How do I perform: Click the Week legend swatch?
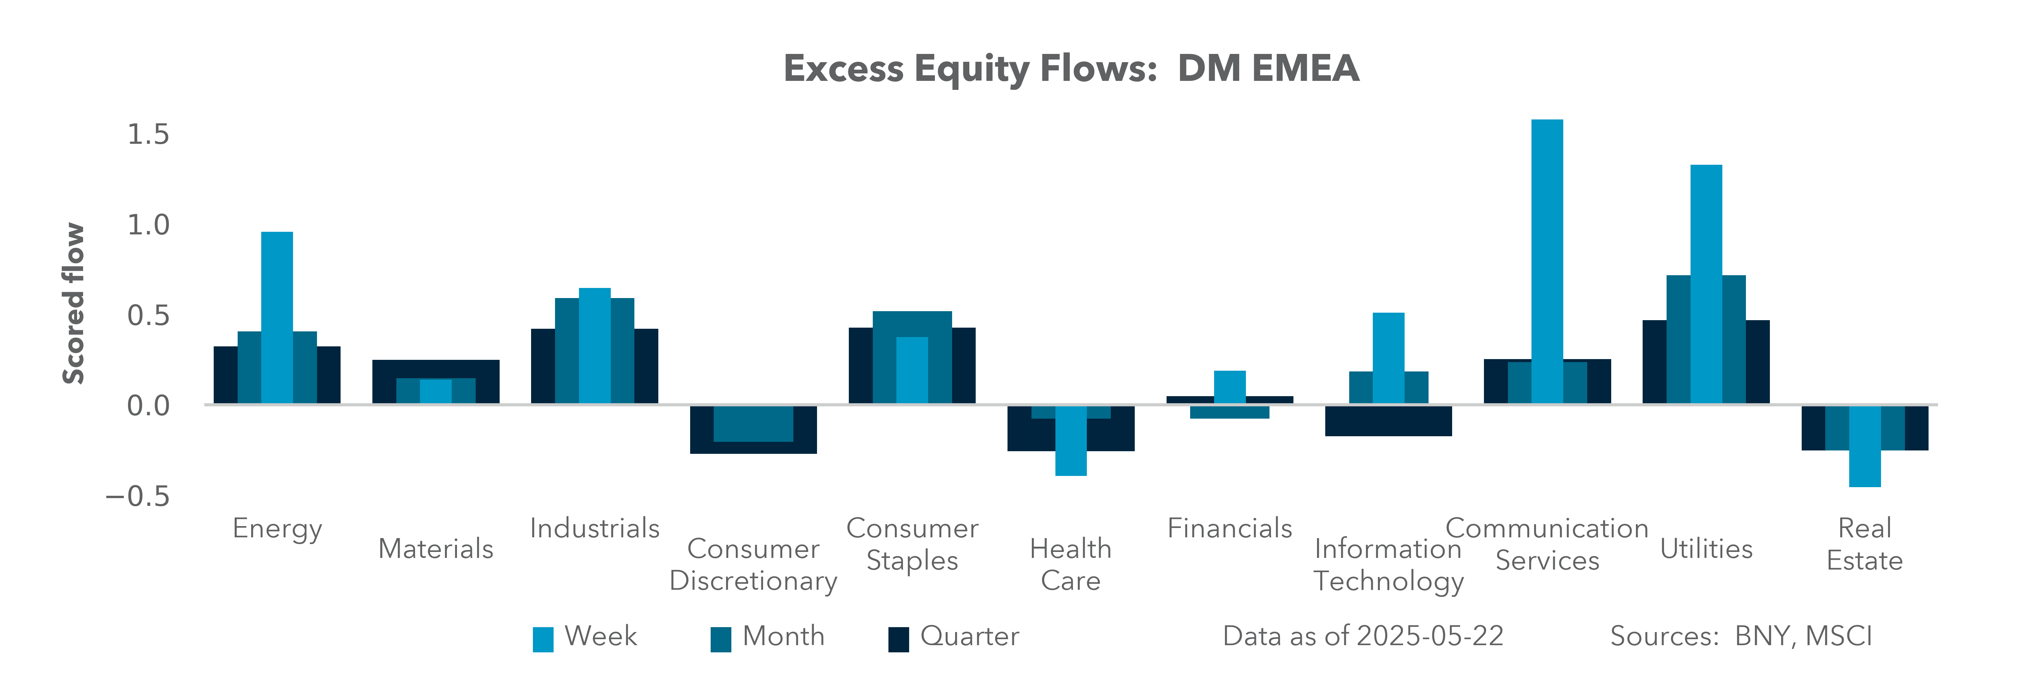click(543, 639)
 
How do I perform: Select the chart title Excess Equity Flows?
click(1071, 68)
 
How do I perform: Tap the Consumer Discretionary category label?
click(753, 565)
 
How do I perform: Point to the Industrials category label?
click(595, 528)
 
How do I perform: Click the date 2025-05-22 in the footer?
click(1429, 636)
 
